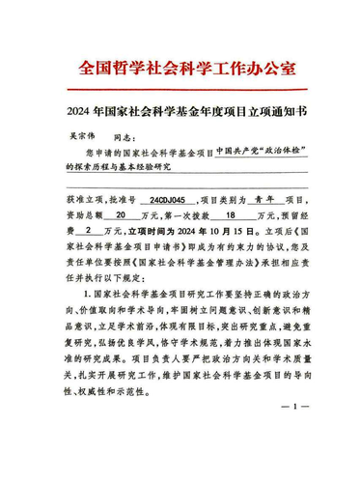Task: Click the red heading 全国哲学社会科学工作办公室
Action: tap(180, 70)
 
